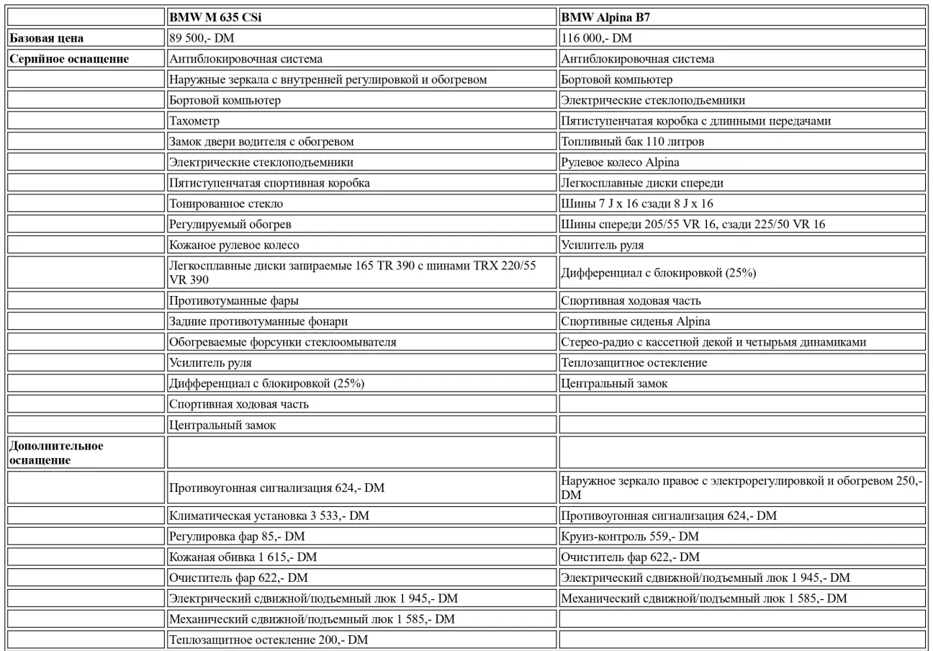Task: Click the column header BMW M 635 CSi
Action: click(x=215, y=17)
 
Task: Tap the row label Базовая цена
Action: click(x=51, y=38)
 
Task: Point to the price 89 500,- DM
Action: click(x=197, y=38)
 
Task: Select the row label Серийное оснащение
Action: click(x=68, y=59)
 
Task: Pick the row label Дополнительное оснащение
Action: click(x=56, y=453)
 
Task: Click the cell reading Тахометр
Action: click(x=194, y=121)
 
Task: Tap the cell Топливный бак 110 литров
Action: click(x=632, y=142)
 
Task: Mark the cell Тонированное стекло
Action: click(x=221, y=204)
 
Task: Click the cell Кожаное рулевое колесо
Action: click(x=234, y=246)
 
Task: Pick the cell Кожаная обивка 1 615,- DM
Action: click(x=243, y=557)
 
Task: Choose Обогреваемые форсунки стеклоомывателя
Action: click(x=282, y=342)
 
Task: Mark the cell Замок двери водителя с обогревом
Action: click(x=261, y=142)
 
